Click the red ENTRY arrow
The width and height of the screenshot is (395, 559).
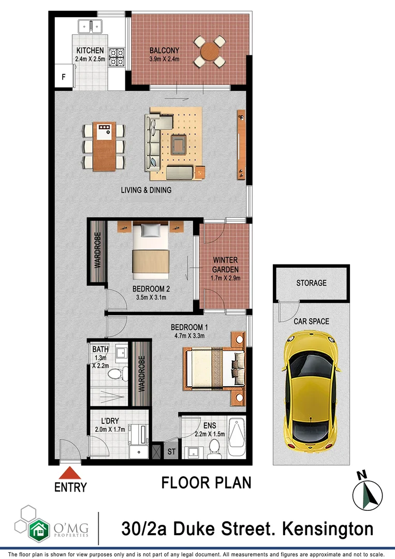coord(70,473)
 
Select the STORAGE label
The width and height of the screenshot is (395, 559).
coord(311,283)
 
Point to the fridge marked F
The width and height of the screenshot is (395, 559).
coord(64,77)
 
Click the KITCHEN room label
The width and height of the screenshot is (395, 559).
coord(90,51)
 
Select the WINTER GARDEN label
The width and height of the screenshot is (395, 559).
coord(225,266)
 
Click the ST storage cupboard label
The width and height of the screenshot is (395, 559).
coord(171,451)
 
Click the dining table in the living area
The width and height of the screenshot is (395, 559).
coord(104,146)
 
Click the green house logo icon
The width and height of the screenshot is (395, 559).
coord(38,529)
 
